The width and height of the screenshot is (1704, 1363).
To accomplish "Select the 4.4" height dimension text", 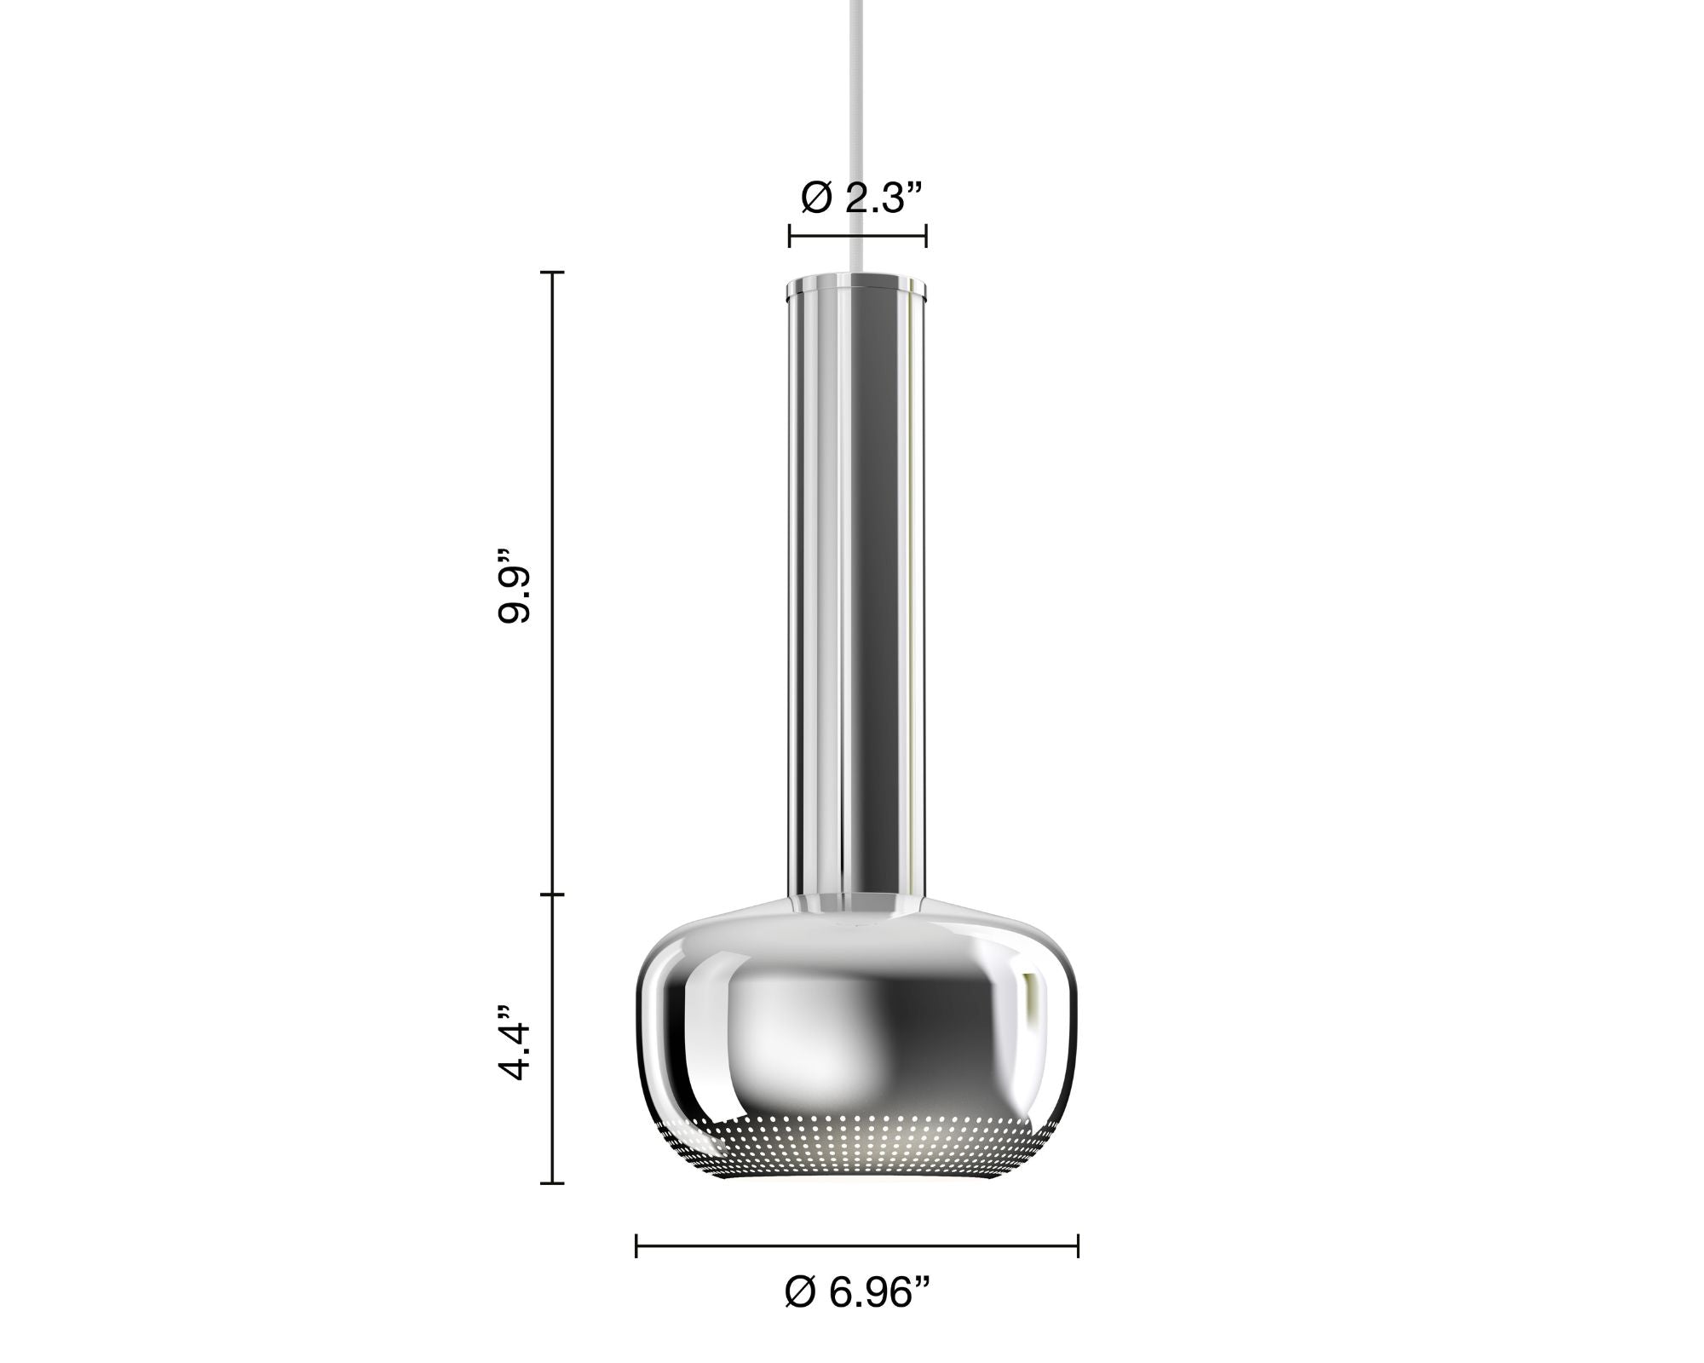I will point(515,1043).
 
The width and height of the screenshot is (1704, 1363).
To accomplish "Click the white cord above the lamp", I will point(857,128).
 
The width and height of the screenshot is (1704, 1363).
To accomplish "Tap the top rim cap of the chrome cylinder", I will point(857,287).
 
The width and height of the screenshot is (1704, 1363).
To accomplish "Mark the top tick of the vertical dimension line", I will point(553,273).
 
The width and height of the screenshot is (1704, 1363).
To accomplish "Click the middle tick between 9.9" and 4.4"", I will point(553,894).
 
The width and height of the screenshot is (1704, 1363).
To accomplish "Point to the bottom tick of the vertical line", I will point(553,1183).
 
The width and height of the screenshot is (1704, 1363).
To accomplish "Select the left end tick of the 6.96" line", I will point(637,1245).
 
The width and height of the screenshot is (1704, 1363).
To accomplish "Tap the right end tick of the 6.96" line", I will point(1078,1245).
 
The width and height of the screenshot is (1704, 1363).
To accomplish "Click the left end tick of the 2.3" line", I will point(790,235).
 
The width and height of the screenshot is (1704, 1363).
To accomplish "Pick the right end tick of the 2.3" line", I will point(926,235).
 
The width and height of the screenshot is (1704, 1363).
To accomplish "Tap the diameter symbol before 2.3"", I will point(816,198).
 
